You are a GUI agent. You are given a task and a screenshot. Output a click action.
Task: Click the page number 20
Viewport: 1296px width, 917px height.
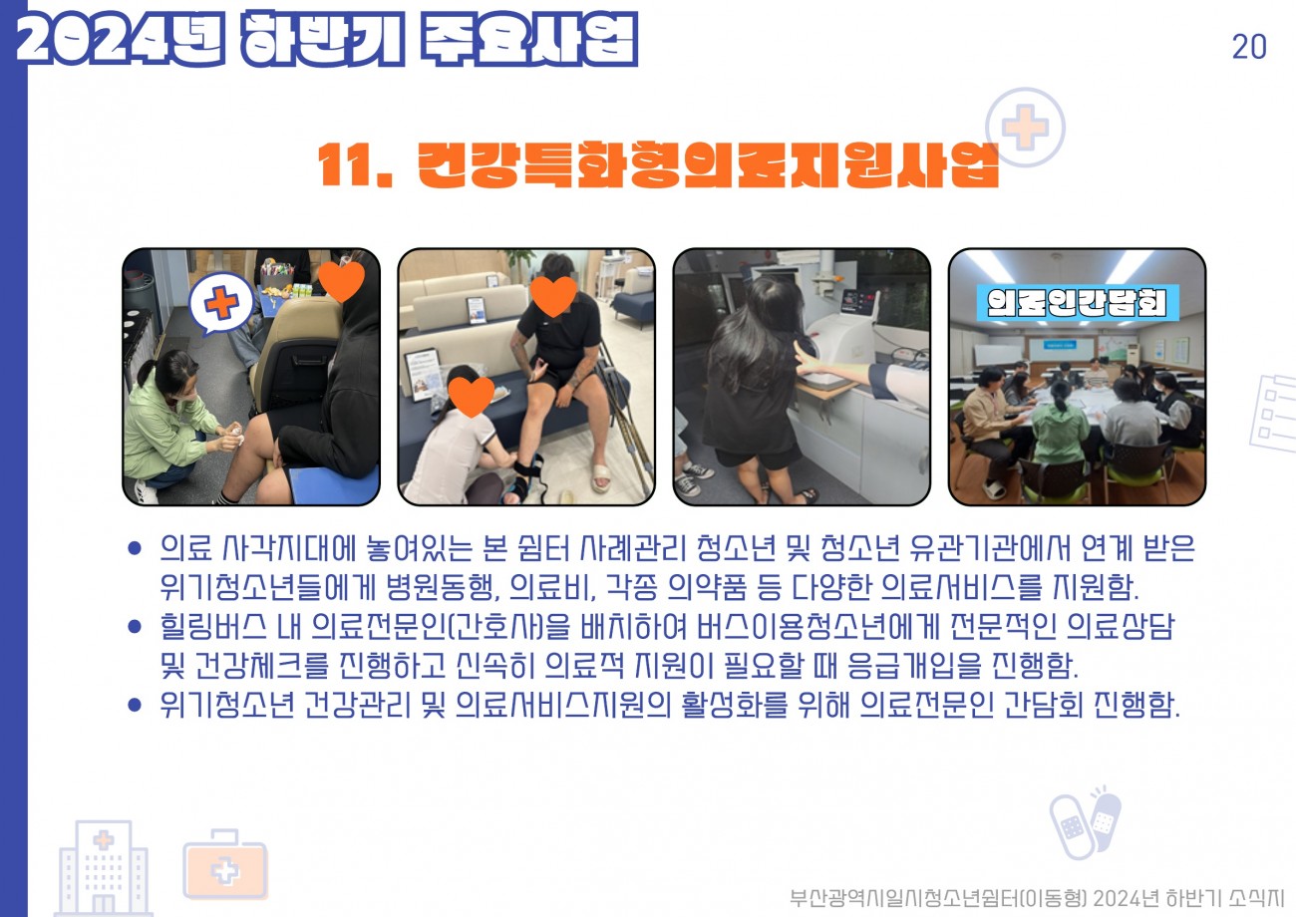click(x=1249, y=47)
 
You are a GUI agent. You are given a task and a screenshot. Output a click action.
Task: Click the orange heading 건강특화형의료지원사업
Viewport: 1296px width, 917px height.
click(x=708, y=164)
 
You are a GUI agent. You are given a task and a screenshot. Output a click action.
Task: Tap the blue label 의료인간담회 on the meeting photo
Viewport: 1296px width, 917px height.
click(x=1078, y=303)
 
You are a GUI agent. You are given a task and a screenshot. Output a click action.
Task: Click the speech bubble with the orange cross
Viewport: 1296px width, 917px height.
click(x=220, y=303)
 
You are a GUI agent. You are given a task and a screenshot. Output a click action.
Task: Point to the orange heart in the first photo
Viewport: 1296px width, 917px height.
click(x=342, y=281)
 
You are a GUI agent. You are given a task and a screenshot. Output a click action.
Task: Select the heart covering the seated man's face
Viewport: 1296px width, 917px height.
click(x=553, y=296)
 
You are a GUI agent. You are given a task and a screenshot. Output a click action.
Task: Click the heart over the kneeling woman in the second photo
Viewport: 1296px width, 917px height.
click(x=472, y=396)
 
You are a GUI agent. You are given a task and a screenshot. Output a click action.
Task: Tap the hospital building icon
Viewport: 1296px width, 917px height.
click(x=104, y=868)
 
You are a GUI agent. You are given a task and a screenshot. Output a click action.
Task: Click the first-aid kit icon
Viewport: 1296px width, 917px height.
click(x=225, y=864)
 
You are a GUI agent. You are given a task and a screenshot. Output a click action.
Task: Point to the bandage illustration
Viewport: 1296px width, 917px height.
click(x=1085, y=821)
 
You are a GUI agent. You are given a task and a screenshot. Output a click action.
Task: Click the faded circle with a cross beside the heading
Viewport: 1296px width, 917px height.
click(x=1025, y=128)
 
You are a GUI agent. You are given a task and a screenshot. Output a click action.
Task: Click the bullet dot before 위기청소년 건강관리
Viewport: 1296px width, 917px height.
click(x=135, y=705)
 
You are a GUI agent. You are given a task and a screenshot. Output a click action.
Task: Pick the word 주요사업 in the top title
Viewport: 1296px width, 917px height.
click(x=528, y=39)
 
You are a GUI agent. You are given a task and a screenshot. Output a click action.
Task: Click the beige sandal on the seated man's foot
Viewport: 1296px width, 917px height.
click(x=601, y=476)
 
